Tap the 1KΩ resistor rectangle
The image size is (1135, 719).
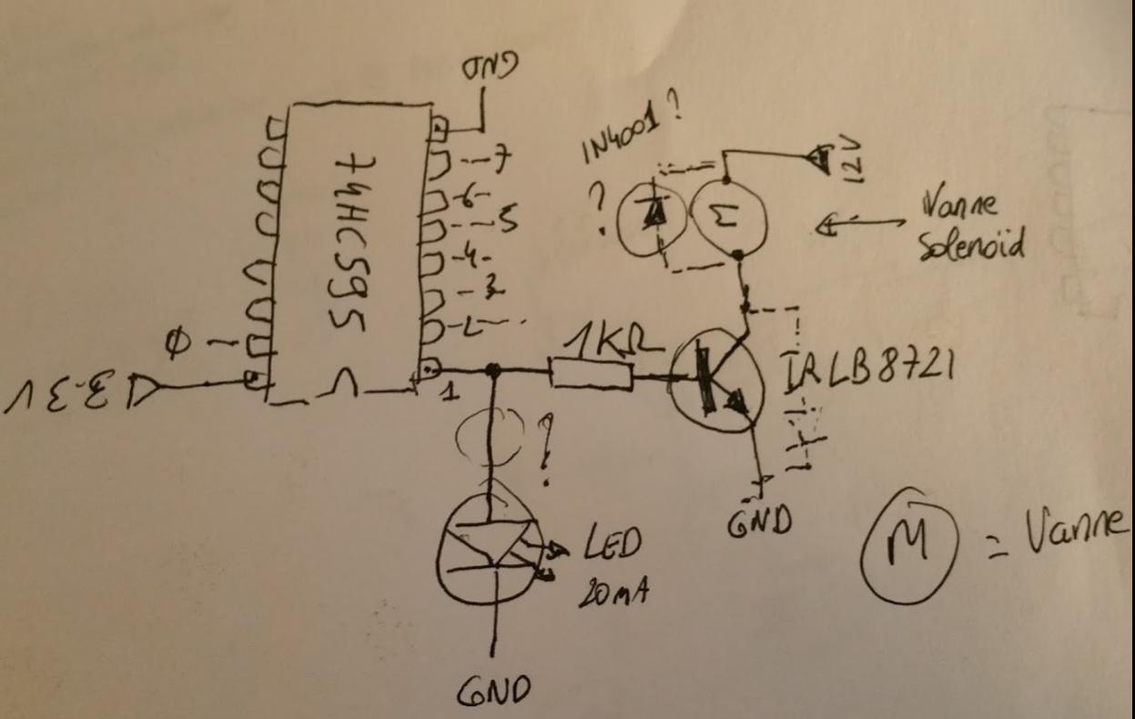(592, 373)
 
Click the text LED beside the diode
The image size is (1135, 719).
(609, 543)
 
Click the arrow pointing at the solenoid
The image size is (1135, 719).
(860, 224)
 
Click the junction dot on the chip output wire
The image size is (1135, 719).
(493, 370)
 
